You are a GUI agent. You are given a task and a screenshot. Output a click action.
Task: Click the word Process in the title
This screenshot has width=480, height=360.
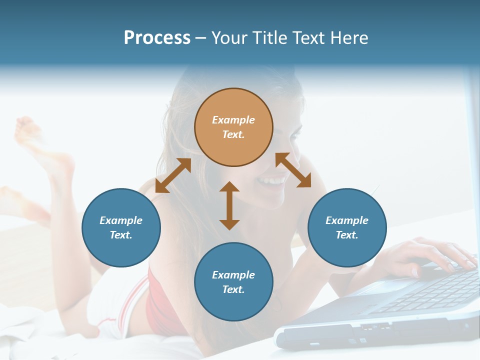click(x=157, y=38)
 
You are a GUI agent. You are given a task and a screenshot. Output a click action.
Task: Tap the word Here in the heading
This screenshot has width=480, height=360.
click(x=348, y=38)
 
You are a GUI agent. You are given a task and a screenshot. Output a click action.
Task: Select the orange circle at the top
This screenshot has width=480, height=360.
click(x=233, y=127)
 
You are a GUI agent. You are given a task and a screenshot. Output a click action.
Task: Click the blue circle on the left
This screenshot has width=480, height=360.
click(x=121, y=227)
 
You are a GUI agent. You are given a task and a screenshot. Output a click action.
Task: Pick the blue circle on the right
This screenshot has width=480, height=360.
click(x=347, y=227)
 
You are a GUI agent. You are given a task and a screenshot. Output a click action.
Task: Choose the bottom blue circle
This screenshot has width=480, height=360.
click(x=233, y=282)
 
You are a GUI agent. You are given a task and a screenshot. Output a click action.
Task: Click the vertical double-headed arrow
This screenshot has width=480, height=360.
click(x=229, y=205)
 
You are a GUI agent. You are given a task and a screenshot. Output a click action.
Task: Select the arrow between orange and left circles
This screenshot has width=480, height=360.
click(x=173, y=175)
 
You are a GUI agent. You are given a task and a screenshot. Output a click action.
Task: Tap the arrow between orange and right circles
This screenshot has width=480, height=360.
click(x=293, y=170)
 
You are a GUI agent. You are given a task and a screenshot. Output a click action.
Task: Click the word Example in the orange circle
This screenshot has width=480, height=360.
click(x=233, y=120)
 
